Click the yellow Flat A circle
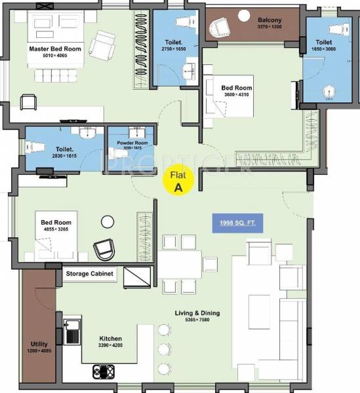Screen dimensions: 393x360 point(177,181)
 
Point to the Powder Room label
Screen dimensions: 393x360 point(132,142)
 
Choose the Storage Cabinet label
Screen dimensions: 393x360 point(89,273)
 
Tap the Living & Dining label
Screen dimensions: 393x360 point(198,313)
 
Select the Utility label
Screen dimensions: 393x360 point(40,343)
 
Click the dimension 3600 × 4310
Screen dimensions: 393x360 point(237,94)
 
